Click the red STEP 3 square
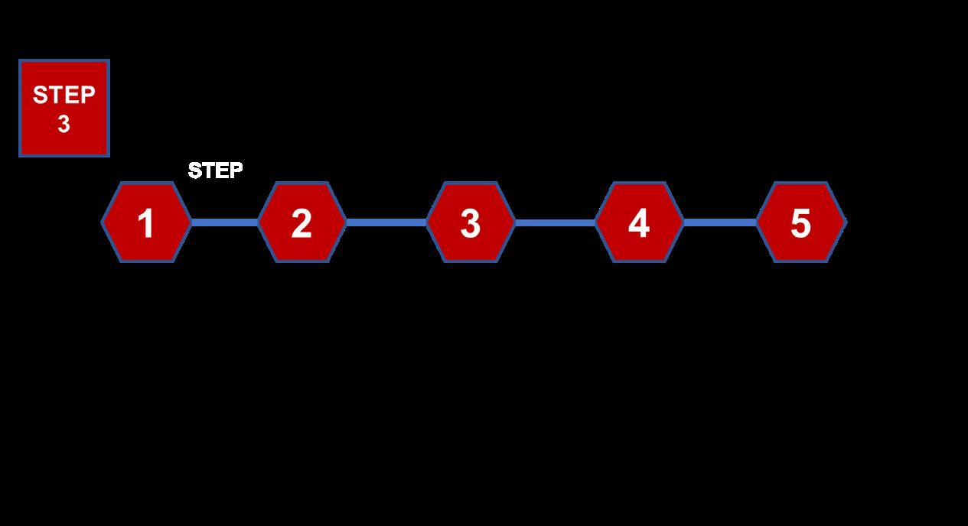[64, 108]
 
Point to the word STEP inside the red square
[64, 96]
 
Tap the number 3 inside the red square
[64, 124]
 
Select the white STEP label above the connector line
[216, 170]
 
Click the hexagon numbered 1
[146, 222]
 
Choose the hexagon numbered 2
[301, 222]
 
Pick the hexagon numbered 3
[471, 222]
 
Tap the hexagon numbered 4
[639, 222]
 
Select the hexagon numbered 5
[800, 222]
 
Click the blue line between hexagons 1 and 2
[224, 222]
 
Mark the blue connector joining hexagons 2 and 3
[386, 222]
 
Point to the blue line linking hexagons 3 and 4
[556, 222]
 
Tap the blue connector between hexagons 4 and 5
[720, 222]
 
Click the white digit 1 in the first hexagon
[145, 224]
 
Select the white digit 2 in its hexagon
[301, 224]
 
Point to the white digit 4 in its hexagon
[639, 224]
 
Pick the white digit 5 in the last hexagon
[800, 224]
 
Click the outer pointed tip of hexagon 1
[103, 222]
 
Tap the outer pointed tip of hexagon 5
[845, 222]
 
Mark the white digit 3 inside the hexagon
[471, 224]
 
